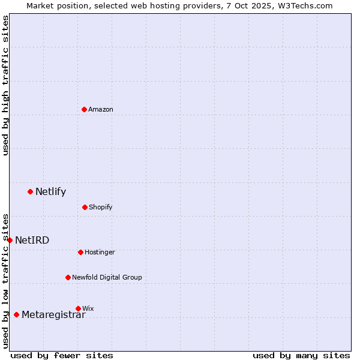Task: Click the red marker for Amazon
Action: click(x=84, y=109)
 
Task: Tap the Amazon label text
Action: click(x=101, y=109)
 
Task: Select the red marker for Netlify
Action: click(x=30, y=191)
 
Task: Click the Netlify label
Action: click(x=50, y=192)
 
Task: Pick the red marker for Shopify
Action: click(x=85, y=207)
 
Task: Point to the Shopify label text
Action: click(x=101, y=207)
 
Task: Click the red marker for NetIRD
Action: click(x=10, y=240)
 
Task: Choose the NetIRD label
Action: click(x=32, y=241)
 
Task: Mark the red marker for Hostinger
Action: click(x=80, y=252)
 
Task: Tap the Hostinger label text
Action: click(x=100, y=252)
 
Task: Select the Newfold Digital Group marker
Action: click(x=68, y=277)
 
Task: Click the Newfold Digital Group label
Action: click(x=107, y=277)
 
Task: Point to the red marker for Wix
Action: click(x=78, y=308)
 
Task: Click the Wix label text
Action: click(x=88, y=308)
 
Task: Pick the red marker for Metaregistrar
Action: click(x=16, y=314)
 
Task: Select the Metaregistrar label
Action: click(x=53, y=315)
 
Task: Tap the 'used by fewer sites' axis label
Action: click(x=62, y=355)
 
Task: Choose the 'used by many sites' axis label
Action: click(x=301, y=355)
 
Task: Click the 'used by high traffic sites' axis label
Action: click(x=5, y=85)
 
